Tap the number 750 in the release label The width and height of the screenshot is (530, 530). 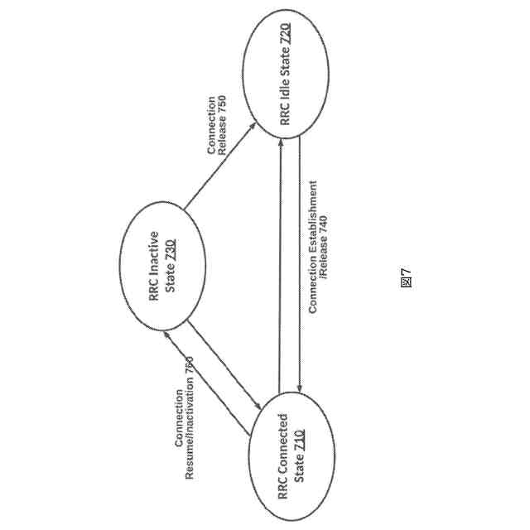click(222, 105)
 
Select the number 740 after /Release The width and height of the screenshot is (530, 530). click(324, 225)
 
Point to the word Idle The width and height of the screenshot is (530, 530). click(286, 95)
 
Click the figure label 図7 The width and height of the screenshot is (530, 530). click(406, 277)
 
